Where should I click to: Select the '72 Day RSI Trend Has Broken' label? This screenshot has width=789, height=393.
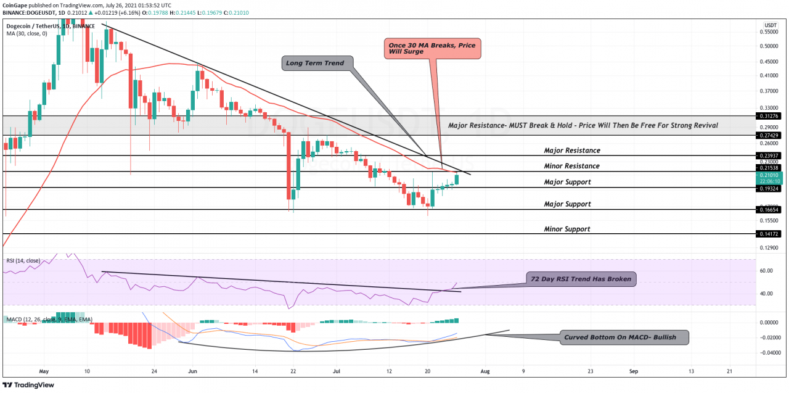581,279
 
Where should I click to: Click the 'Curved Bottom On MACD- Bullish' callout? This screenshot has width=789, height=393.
626,337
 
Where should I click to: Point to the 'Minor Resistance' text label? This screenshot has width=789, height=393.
571,166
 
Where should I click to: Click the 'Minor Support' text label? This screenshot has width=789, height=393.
566,230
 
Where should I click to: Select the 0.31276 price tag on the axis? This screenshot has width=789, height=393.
770,115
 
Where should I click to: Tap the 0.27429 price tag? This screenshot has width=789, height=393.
770,135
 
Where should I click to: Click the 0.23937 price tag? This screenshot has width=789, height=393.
770,155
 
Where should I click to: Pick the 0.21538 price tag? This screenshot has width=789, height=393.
770,168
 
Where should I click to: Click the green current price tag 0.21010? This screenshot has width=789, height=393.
770,178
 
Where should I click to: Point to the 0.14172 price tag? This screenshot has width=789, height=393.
770,234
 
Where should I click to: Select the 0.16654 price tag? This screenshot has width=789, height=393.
770,210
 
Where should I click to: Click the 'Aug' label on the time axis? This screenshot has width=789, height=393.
485,372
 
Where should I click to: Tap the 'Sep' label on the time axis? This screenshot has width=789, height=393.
633,372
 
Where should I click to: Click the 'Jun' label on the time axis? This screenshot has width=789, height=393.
192,372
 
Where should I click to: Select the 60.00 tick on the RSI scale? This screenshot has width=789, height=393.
767,271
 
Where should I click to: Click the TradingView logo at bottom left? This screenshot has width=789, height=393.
29,385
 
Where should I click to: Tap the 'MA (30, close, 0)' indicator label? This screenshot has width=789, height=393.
27,34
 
